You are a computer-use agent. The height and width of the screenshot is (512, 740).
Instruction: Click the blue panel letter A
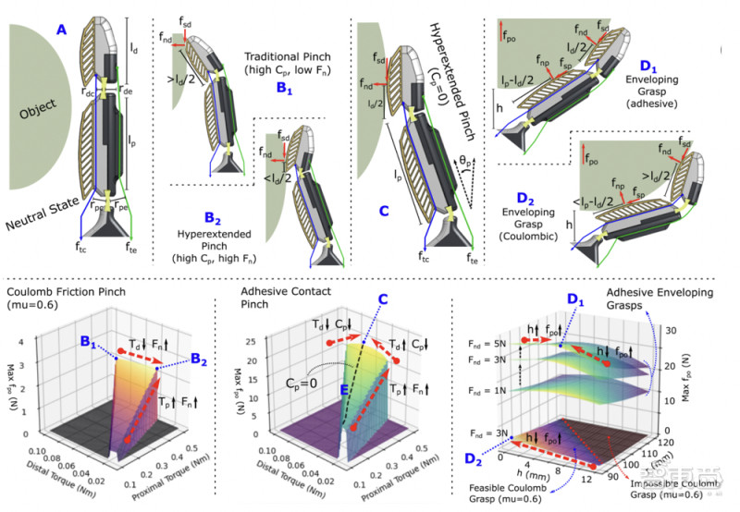(61, 30)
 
